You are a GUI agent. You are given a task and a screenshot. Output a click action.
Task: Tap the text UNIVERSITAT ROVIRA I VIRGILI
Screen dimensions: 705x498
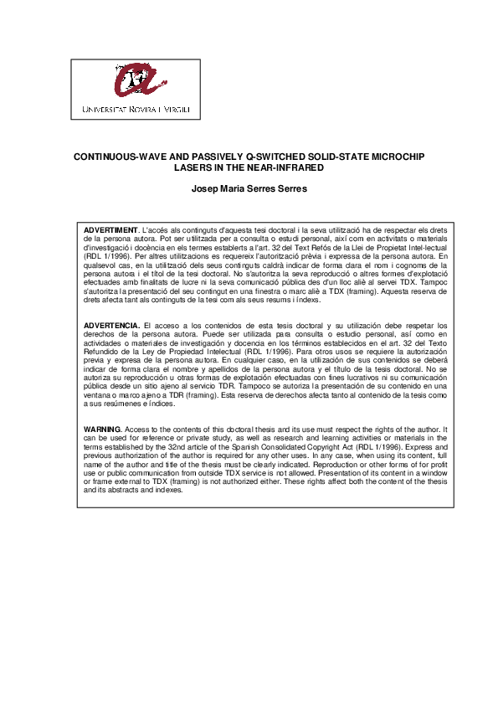coord(136,109)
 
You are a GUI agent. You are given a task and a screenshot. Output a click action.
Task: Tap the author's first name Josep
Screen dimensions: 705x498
coord(205,189)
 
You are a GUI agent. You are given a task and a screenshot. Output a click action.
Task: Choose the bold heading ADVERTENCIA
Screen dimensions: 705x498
coord(112,324)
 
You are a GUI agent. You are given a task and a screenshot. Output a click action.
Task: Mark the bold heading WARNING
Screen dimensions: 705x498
coord(103,429)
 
